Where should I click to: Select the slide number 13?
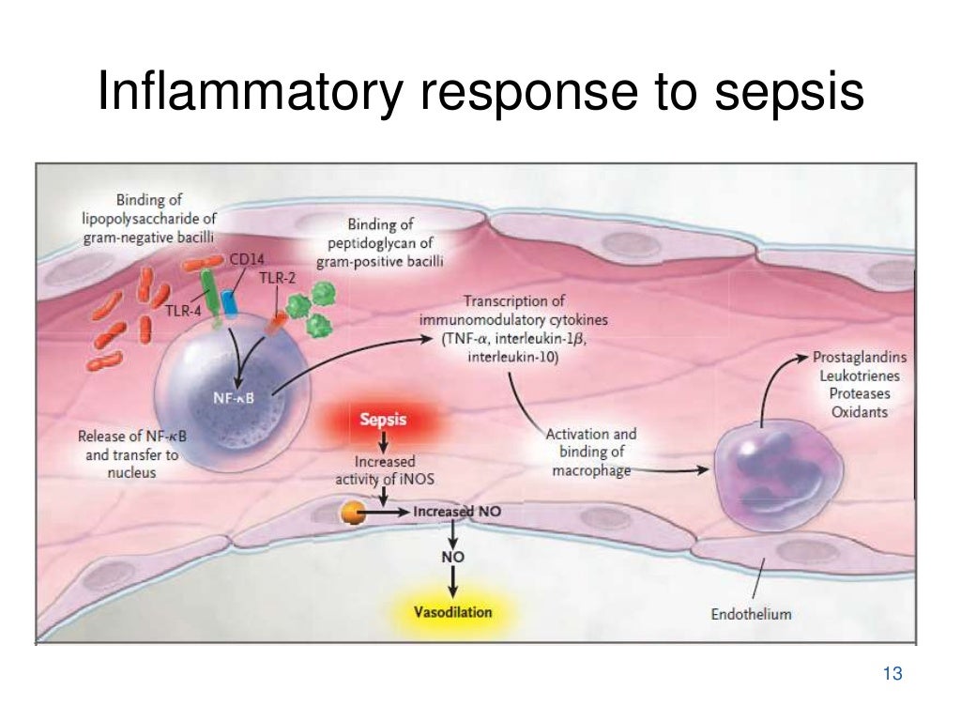point(892,673)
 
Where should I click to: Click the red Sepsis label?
point(383,419)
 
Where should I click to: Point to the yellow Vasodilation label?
point(452,612)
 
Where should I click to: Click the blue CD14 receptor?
point(230,302)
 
